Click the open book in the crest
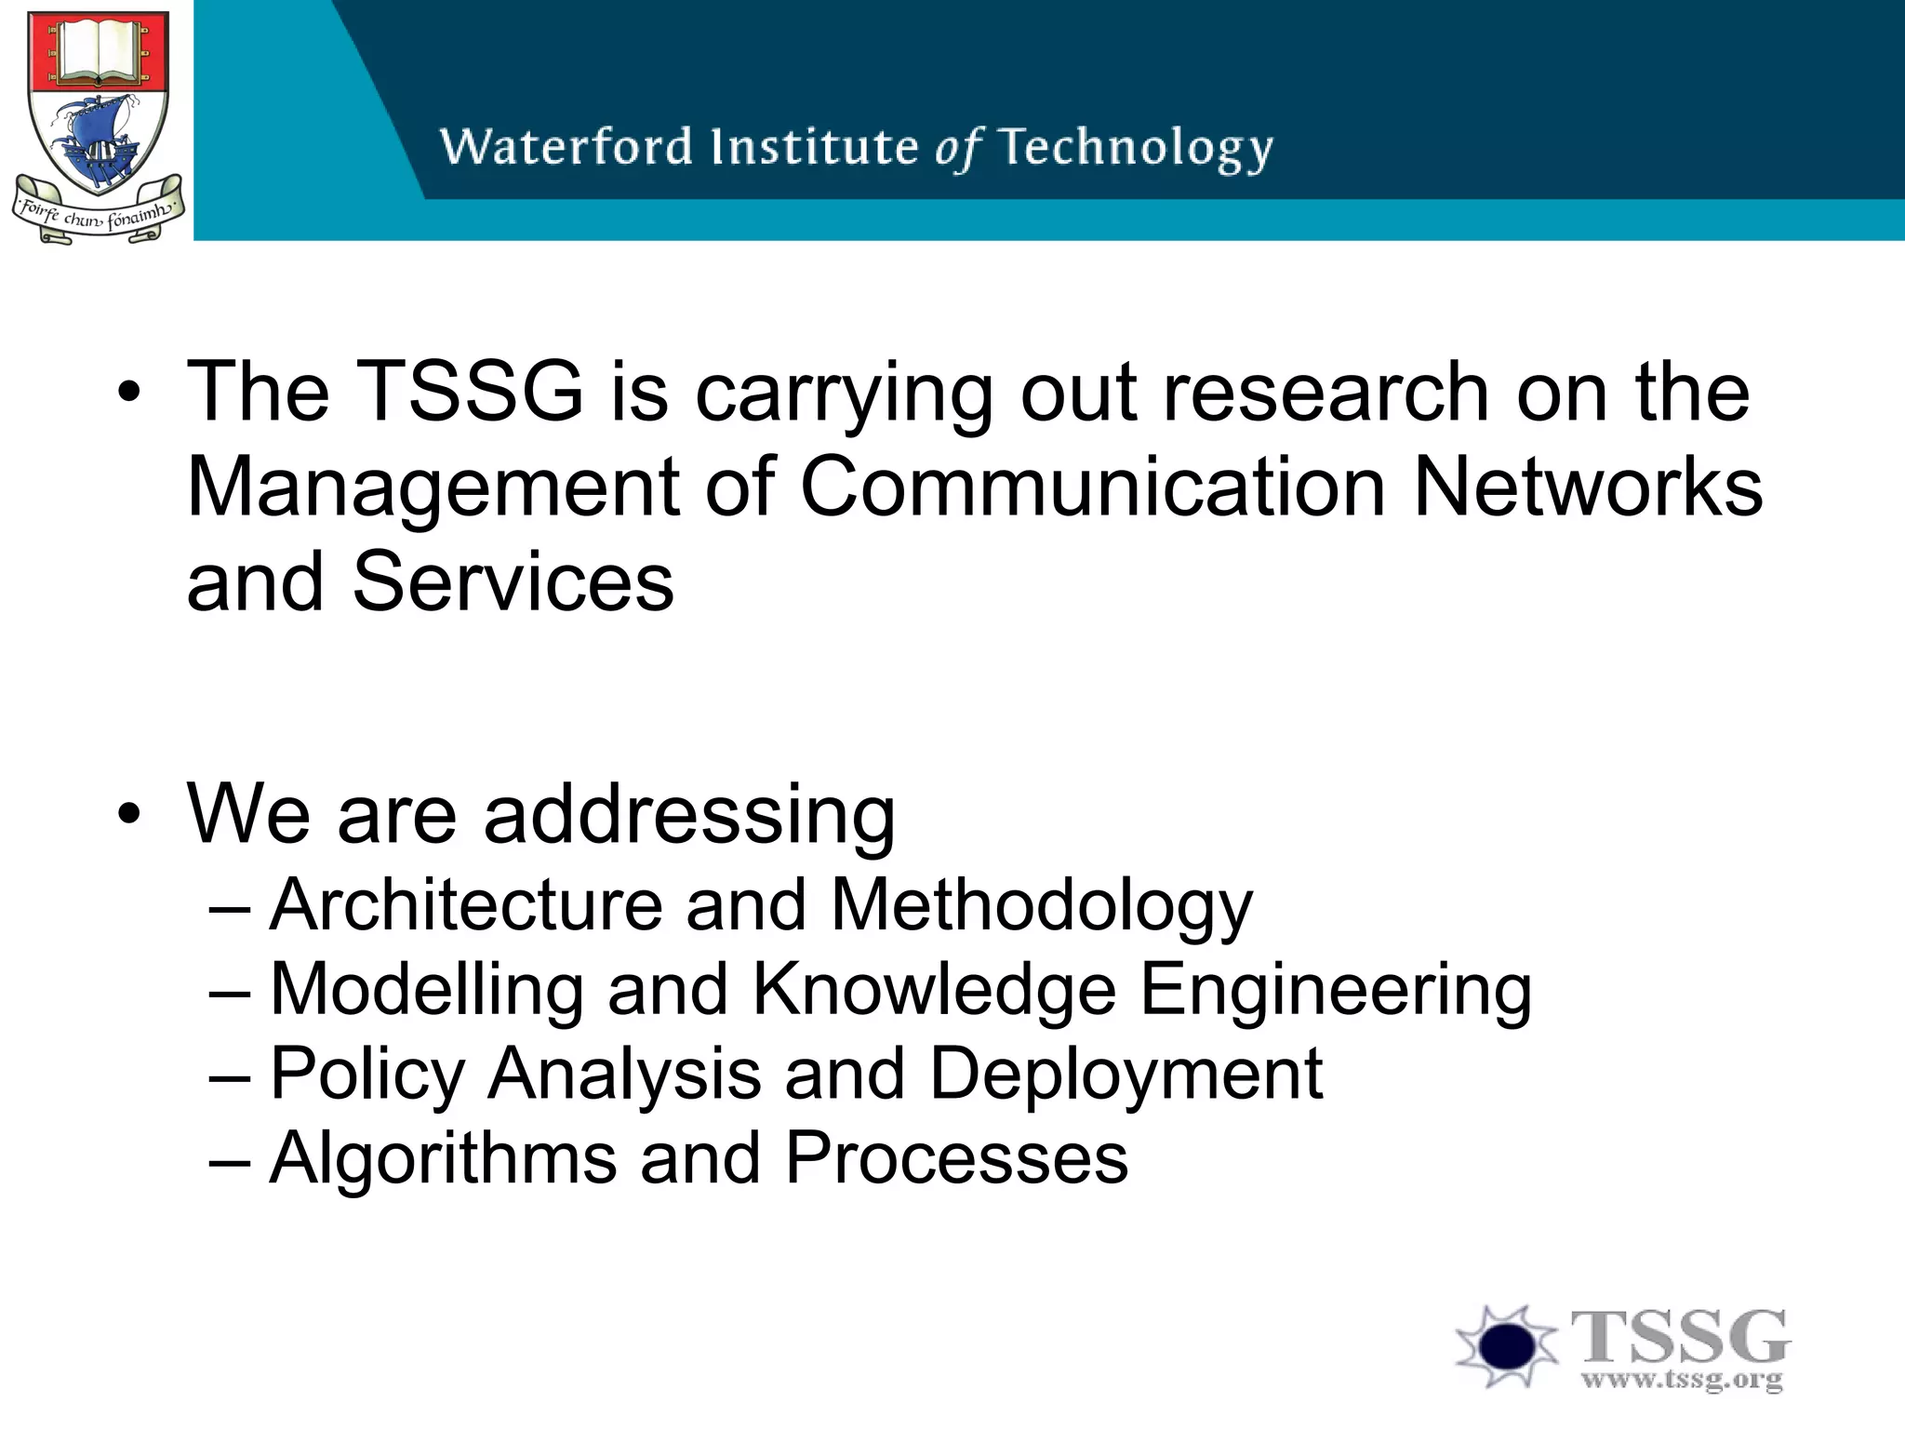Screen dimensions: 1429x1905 point(98,53)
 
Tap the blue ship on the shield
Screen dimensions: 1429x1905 point(93,140)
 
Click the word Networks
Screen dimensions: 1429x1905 point(1587,487)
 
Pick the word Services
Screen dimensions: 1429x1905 point(513,582)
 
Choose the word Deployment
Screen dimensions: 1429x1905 point(1126,1075)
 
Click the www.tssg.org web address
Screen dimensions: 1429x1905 point(1682,1380)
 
